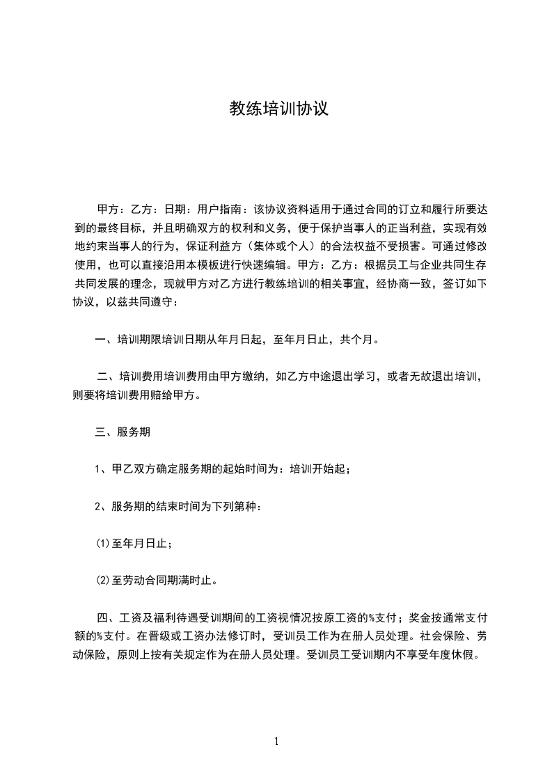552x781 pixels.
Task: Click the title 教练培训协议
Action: [278, 109]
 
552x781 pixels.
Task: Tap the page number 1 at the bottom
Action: [276, 741]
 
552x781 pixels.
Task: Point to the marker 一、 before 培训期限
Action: [105, 340]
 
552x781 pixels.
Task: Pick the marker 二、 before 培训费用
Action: [108, 377]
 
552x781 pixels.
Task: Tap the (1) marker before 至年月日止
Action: [102, 543]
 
